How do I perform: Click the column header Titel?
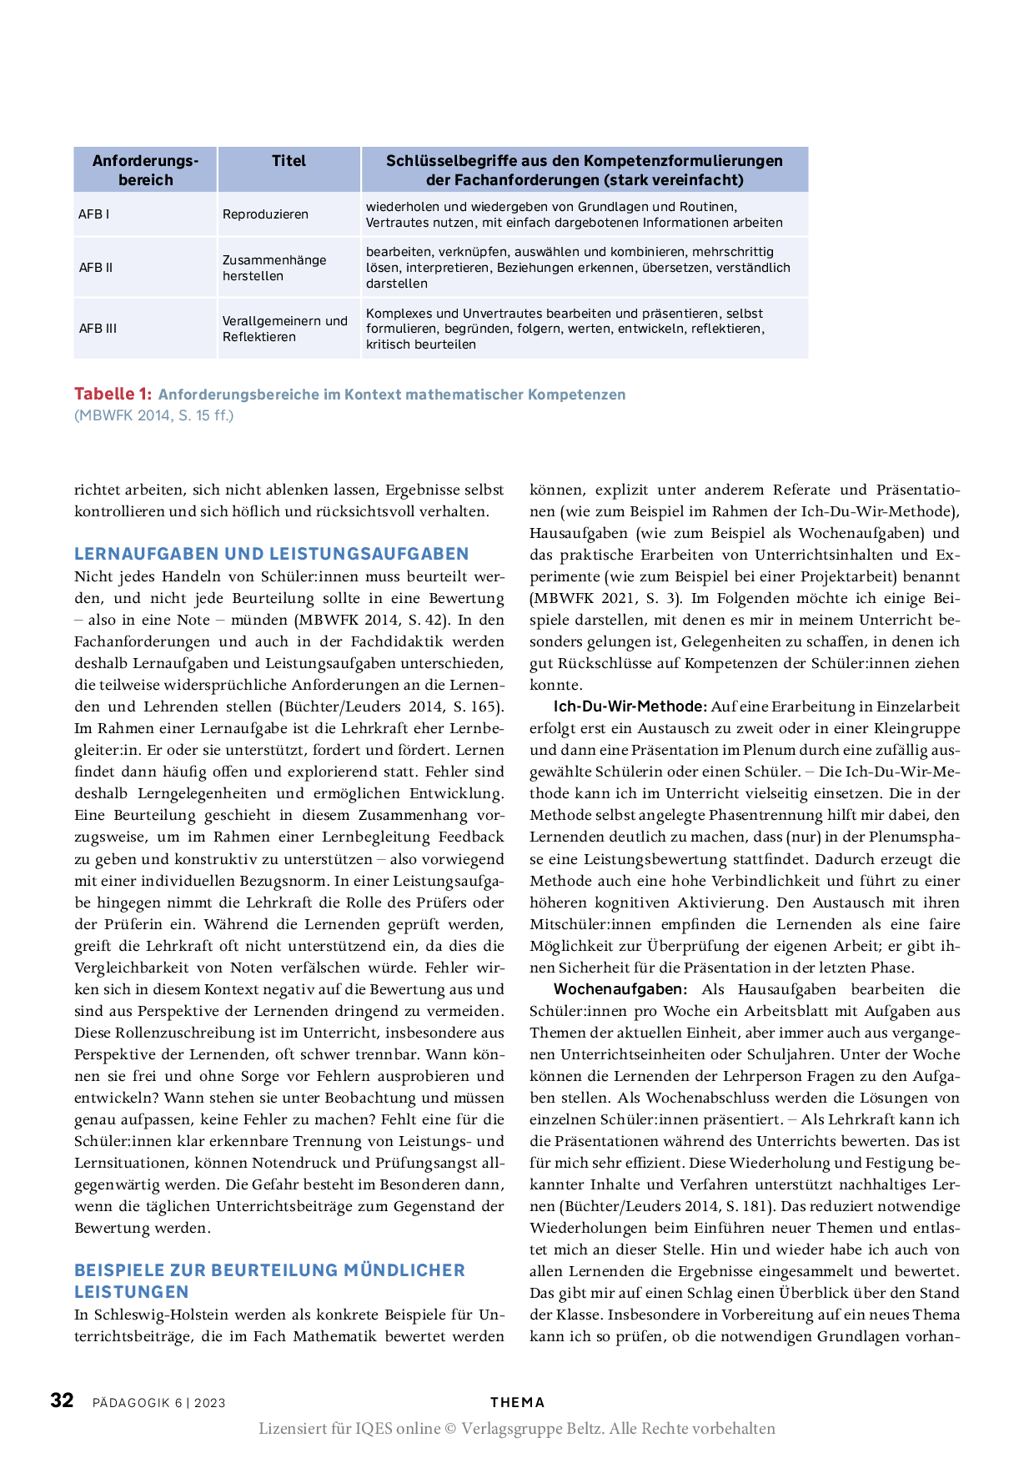[x=289, y=161]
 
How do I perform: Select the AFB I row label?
[x=93, y=214]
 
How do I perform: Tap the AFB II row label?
[x=96, y=268]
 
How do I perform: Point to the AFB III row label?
[x=98, y=329]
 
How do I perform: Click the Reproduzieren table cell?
[x=265, y=214]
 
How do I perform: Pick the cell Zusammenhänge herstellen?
[x=274, y=268]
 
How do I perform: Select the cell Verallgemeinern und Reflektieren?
[x=284, y=329]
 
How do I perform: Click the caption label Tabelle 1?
[x=113, y=395]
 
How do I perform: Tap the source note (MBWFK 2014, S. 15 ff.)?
[x=153, y=415]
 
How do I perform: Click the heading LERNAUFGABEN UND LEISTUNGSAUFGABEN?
[x=271, y=554]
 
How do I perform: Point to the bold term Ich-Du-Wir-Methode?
[x=630, y=707]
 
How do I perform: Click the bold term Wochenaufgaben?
[x=620, y=990]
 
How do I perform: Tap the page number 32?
[x=63, y=1400]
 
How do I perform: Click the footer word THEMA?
[x=517, y=1403]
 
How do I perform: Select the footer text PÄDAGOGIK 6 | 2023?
[x=159, y=1403]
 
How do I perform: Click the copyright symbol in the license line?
[x=450, y=1429]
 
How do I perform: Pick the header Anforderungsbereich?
[x=146, y=170]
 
